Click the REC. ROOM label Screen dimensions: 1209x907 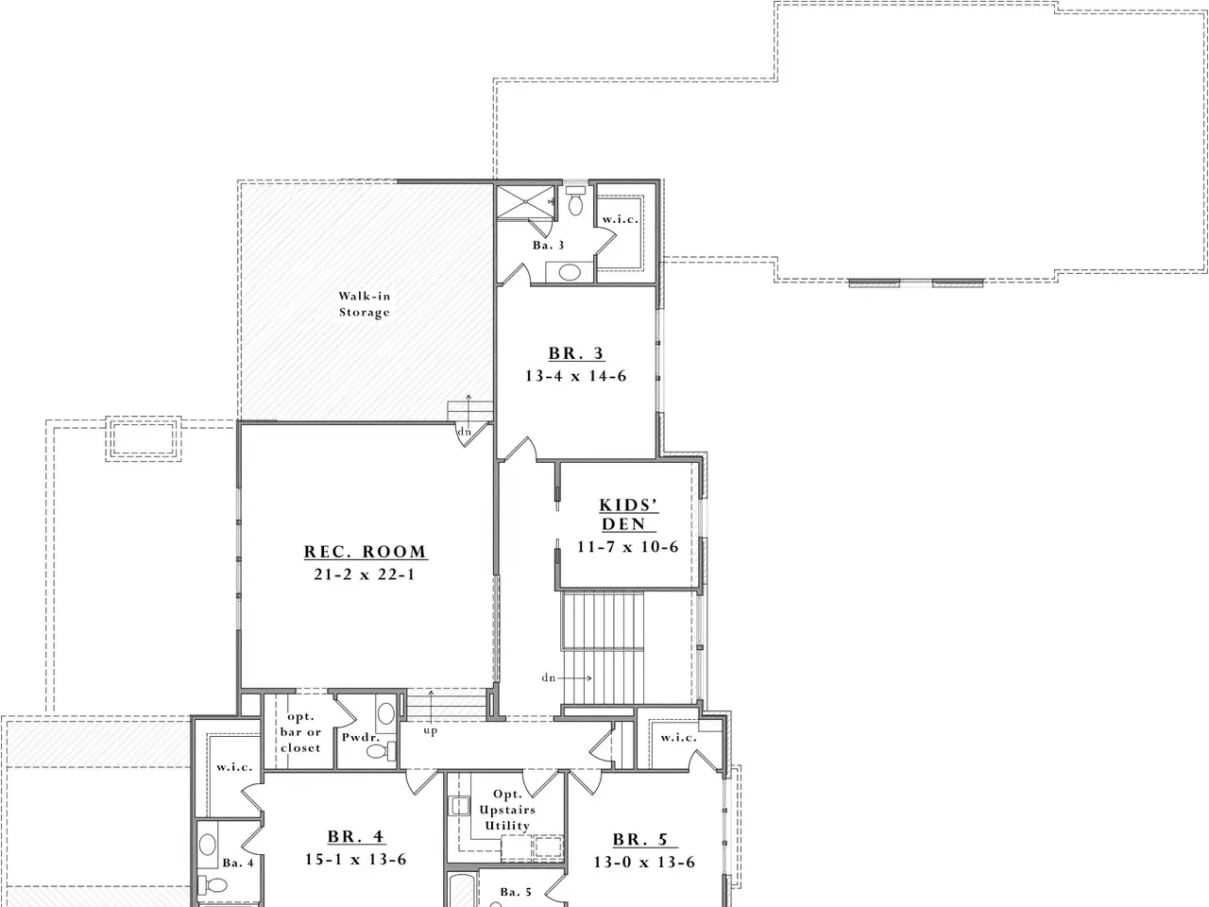[x=366, y=552]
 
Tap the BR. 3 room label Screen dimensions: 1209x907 [x=576, y=353]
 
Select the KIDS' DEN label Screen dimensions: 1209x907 [x=628, y=514]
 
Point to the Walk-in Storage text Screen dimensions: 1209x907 [x=364, y=304]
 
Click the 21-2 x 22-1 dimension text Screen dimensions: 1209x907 [x=365, y=574]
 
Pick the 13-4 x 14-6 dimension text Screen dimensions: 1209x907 [x=576, y=376]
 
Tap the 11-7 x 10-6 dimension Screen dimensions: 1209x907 [x=628, y=547]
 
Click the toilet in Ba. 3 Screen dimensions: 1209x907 [x=575, y=201]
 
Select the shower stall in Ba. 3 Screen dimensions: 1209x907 [x=525, y=202]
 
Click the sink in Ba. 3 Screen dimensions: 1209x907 [x=570, y=272]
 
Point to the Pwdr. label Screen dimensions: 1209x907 [x=361, y=737]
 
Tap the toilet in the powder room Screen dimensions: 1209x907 [x=382, y=750]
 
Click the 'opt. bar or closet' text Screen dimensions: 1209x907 [x=300, y=732]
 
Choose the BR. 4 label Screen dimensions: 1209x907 [x=356, y=836]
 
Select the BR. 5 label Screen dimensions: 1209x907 [x=641, y=839]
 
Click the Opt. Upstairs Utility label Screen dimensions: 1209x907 [x=507, y=810]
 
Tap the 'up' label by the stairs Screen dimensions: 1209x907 [x=431, y=730]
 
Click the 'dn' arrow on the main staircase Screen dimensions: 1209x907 [x=575, y=678]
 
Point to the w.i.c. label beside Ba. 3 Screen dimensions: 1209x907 [x=621, y=219]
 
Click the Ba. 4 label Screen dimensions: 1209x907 [x=238, y=863]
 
